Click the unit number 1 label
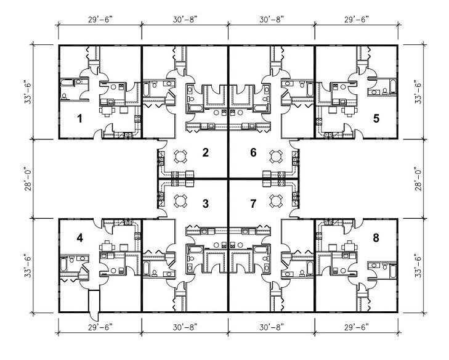(80, 118)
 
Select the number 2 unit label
(205, 152)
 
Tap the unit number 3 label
(205, 204)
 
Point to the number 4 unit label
(80, 237)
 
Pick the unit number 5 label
(376, 118)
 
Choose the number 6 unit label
(253, 152)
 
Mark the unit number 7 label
(253, 204)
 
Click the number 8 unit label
(376, 237)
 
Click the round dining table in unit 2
(180, 157)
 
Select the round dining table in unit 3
(180, 200)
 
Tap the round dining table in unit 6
(275, 157)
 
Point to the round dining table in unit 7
(275, 200)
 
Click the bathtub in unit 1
(67, 82)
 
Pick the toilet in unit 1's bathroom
(64, 96)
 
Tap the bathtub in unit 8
(392, 272)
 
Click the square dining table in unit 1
(107, 110)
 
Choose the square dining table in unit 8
(349, 247)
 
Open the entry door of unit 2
(162, 145)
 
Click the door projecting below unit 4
(94, 305)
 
